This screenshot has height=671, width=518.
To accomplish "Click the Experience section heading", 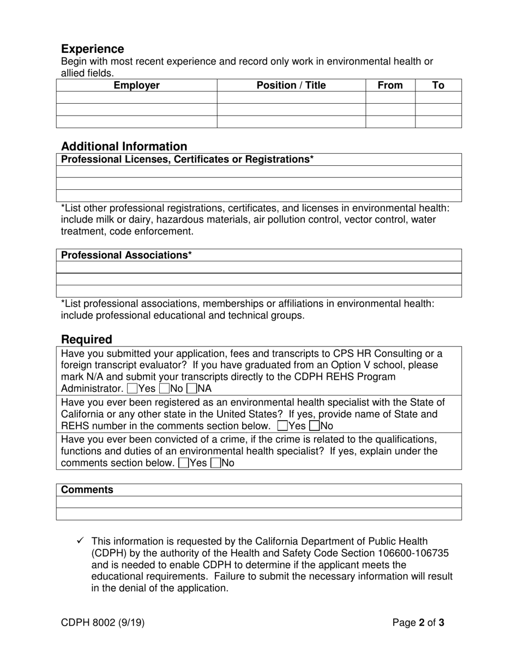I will tap(93, 49).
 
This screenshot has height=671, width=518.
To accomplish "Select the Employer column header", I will tap(136, 85).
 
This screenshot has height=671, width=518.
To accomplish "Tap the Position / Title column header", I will tap(291, 85).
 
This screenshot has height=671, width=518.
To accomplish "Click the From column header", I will tap(390, 85).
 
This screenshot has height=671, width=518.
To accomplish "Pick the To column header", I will tap(438, 85).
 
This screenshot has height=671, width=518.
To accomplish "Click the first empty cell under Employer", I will tap(136, 98).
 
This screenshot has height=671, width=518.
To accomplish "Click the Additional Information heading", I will tap(124, 146).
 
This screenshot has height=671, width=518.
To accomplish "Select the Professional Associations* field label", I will tap(127, 255).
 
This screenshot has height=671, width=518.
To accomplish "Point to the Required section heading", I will tap(87, 339).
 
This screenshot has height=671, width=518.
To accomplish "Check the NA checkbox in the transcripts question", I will tap(191, 389).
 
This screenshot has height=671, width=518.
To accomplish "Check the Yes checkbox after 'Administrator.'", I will tap(131, 389).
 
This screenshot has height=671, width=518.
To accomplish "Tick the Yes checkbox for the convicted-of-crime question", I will tap(184, 463).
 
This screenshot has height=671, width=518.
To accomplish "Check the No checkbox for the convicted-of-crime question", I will tap(215, 463).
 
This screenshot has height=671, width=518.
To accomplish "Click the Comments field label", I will tap(87, 490).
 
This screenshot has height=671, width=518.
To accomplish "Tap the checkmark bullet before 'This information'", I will tap(80, 541).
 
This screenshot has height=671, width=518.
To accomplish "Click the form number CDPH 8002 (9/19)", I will tap(103, 622).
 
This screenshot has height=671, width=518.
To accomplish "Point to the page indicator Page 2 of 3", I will tap(418, 622).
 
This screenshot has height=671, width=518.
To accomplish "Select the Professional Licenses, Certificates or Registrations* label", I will tap(188, 159).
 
